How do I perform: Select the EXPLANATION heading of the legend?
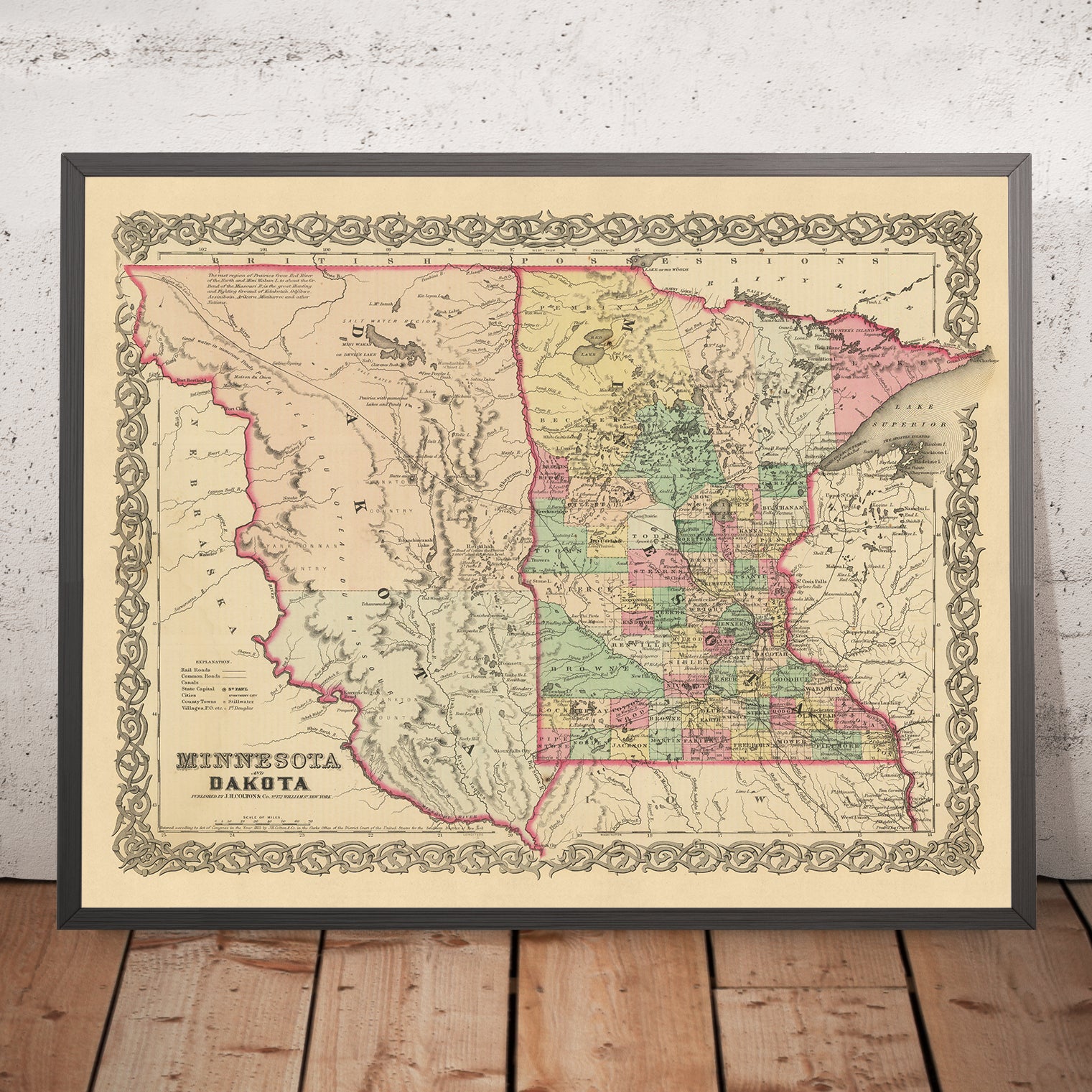[x=208, y=660]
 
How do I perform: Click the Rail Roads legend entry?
[x=195, y=669]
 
